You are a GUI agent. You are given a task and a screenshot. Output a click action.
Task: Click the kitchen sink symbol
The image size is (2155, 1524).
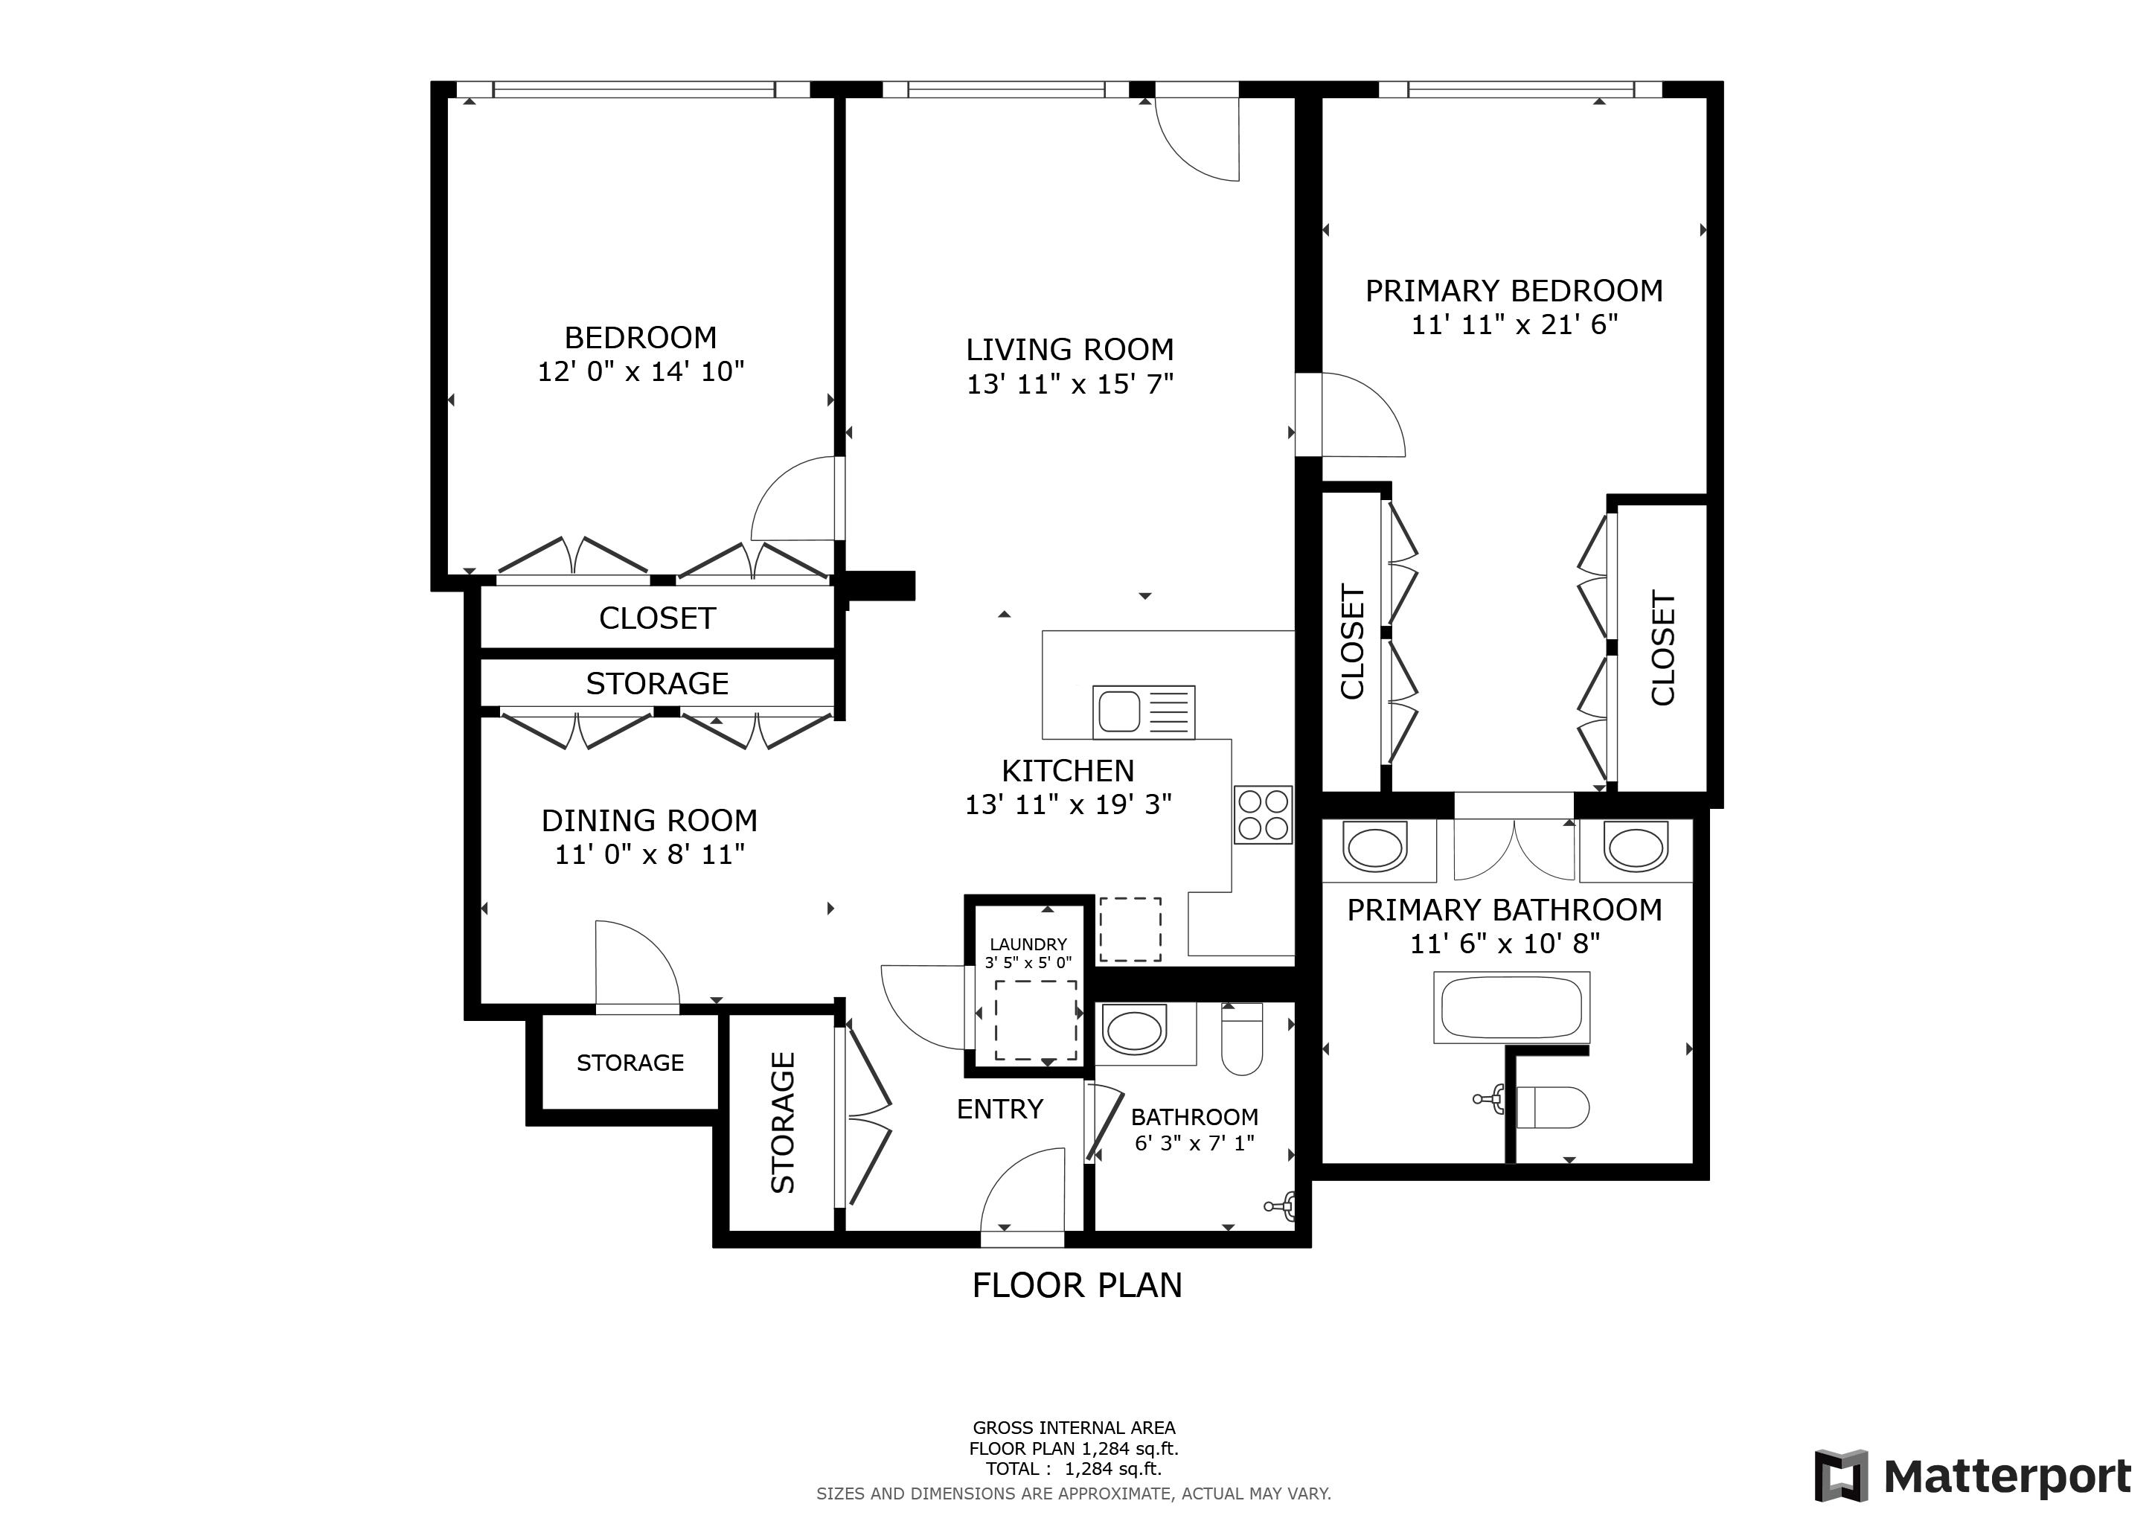pyautogui.click(x=1143, y=711)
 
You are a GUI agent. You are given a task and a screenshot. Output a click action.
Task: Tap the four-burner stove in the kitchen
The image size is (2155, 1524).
pyautogui.click(x=1264, y=815)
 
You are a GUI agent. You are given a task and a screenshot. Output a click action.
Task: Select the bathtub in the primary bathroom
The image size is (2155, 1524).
pyautogui.click(x=1511, y=1007)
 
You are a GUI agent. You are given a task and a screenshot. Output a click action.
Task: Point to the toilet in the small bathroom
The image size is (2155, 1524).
pyautogui.click(x=1242, y=1038)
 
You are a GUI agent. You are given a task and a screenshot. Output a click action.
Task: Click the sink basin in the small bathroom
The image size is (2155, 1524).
pyautogui.click(x=1136, y=1032)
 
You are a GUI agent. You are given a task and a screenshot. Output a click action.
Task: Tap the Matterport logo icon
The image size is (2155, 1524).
pyautogui.click(x=1840, y=1476)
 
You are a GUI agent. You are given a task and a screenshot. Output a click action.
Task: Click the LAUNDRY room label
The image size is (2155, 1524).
pyautogui.click(x=1028, y=944)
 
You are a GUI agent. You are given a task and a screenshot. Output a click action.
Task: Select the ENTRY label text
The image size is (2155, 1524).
pyautogui.click(x=999, y=1110)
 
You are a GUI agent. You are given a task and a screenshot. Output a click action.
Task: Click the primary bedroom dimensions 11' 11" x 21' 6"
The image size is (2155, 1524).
pyautogui.click(x=1514, y=324)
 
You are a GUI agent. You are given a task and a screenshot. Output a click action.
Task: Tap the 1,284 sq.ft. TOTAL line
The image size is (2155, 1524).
pyautogui.click(x=1074, y=1469)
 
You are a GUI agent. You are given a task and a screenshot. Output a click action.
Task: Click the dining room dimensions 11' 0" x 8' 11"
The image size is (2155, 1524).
pyautogui.click(x=650, y=855)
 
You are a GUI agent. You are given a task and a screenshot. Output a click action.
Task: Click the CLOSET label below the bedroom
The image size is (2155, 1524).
pyautogui.click(x=657, y=618)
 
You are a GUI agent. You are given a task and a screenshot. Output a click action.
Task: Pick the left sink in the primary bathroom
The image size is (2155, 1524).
pyautogui.click(x=1376, y=848)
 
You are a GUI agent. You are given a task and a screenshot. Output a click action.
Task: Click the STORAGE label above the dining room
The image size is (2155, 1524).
pyautogui.click(x=657, y=684)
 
